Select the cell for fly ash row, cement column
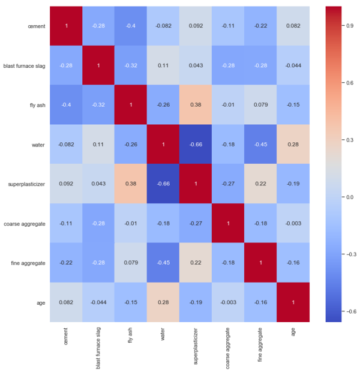(x=67, y=105)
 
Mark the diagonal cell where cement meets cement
(x=67, y=26)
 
